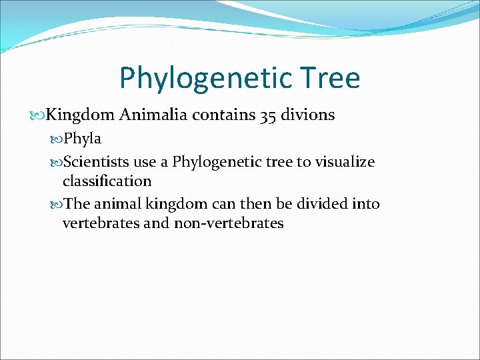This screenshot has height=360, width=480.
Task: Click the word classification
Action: [x=107, y=181]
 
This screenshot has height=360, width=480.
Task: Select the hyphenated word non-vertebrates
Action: [x=229, y=223]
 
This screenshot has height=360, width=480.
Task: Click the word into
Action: [x=365, y=204]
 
